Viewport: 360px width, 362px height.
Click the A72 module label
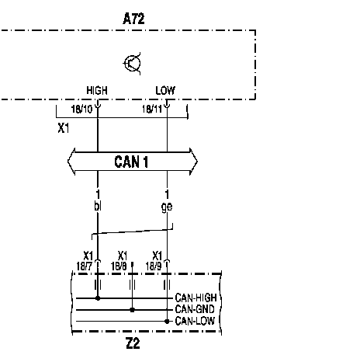click(x=133, y=19)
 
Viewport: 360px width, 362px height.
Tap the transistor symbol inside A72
click(x=132, y=64)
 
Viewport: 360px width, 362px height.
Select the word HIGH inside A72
click(x=97, y=90)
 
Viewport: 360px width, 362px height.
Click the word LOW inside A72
click(x=165, y=90)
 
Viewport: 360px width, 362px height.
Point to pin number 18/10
click(x=81, y=109)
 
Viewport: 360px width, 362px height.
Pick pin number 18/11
click(x=152, y=109)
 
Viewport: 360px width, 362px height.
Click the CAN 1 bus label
click(x=131, y=162)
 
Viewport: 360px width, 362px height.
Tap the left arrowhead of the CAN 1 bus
click(x=71, y=162)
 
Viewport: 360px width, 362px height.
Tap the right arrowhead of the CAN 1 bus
click(x=194, y=162)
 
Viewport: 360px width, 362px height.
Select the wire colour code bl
click(x=98, y=207)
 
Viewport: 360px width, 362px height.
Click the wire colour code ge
click(x=167, y=207)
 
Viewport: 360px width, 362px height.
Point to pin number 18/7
click(x=84, y=266)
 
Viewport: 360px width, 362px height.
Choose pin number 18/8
click(x=119, y=266)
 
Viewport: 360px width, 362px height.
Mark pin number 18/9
click(x=154, y=266)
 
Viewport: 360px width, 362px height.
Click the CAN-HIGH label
click(x=196, y=298)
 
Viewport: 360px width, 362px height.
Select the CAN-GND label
click(x=195, y=309)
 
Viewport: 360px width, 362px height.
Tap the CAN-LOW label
click(x=195, y=321)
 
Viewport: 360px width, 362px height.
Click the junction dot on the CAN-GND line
click(x=132, y=310)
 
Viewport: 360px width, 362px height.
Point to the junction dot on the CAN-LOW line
click(x=167, y=322)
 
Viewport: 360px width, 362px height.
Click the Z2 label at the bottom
click(x=133, y=343)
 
